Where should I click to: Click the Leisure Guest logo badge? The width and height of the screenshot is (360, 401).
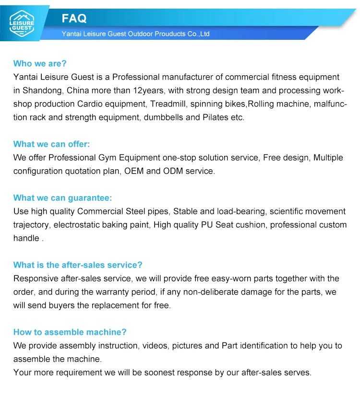(22, 22)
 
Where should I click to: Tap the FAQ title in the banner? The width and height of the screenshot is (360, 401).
(74, 18)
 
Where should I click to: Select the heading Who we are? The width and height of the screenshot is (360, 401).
(40, 63)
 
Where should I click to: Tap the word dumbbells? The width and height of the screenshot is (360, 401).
(163, 117)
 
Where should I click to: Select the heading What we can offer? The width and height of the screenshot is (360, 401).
(51, 144)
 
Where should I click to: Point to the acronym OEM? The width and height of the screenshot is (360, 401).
(134, 171)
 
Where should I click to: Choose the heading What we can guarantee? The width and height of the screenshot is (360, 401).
(62, 198)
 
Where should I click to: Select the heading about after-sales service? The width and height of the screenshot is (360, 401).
(78, 265)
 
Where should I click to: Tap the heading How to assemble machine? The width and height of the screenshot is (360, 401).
(70, 332)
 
